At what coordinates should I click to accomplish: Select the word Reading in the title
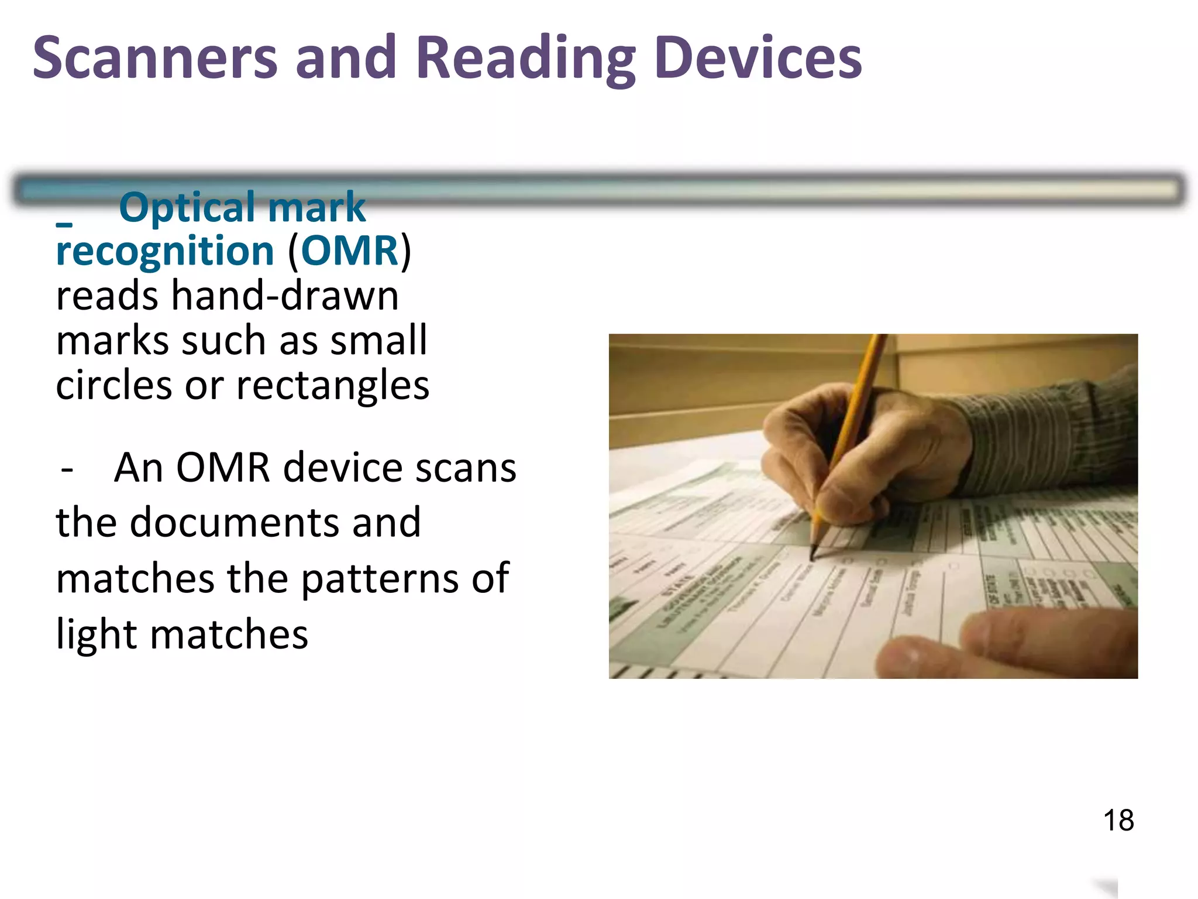point(525,59)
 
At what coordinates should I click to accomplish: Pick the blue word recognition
point(165,251)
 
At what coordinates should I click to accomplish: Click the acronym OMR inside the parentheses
point(349,251)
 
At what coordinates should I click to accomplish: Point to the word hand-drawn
point(285,296)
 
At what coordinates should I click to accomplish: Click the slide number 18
point(1118,820)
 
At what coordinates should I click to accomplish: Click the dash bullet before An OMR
point(67,469)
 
